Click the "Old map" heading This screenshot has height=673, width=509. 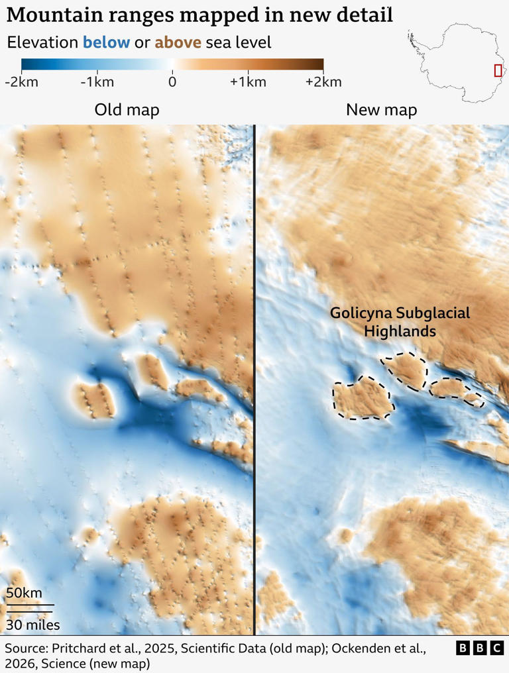pos(127,109)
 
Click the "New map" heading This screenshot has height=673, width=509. pos(381,109)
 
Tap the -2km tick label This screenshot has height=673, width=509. pos(21,82)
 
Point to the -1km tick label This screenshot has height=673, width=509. pos(97,82)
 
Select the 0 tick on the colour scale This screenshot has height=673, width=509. pos(172,82)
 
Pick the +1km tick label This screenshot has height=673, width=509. pos(248,82)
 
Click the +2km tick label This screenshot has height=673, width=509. pos(323,82)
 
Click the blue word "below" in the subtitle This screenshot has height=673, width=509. pos(106,43)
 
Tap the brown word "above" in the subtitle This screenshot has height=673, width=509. pos(178,43)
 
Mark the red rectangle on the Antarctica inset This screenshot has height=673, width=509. pos(498,70)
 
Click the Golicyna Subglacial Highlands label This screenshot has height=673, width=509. pos(400,321)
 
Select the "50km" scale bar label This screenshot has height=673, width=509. pos(24,593)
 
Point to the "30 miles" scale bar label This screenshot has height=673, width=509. pos(33,625)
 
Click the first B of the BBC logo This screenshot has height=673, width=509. pos(463,648)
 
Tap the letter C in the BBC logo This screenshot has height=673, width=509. pos(496,648)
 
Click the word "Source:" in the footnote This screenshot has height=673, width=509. pos(27,647)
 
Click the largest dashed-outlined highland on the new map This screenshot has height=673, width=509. pos(363,397)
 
